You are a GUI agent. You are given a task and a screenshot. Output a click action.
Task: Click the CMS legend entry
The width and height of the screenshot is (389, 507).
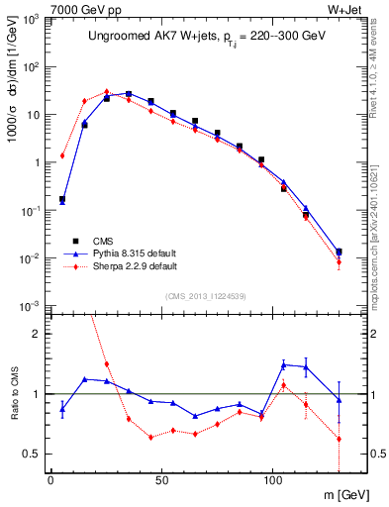click(x=103, y=240)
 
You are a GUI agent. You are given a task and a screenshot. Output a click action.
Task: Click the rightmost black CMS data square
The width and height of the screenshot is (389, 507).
click(x=340, y=252)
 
